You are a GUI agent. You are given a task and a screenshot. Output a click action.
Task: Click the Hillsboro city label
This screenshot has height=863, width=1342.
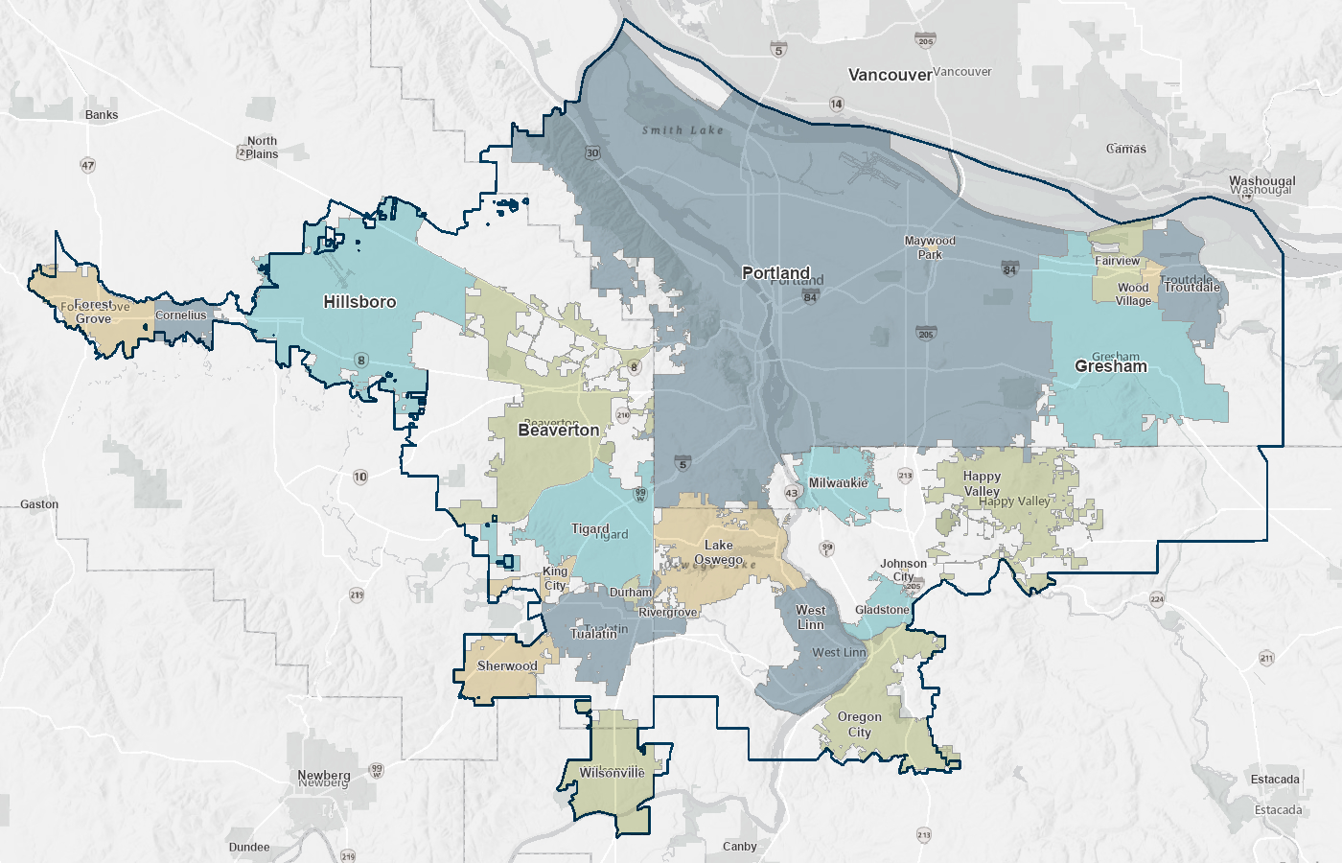(x=359, y=302)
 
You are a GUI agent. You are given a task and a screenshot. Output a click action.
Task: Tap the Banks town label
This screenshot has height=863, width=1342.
(x=102, y=115)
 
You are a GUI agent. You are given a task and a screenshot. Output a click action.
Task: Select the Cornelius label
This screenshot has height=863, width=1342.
(x=181, y=315)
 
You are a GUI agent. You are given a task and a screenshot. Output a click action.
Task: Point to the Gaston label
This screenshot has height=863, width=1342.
(x=39, y=504)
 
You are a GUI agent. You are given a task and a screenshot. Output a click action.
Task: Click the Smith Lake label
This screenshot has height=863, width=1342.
(x=683, y=130)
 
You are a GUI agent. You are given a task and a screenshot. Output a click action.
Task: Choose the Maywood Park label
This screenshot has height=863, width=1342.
(x=930, y=247)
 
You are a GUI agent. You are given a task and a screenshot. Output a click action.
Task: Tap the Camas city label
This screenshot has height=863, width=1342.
(x=1126, y=149)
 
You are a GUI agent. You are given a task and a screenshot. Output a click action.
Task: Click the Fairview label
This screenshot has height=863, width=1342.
(x=1118, y=261)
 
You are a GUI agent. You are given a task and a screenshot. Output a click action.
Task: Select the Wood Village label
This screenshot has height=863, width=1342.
(x=1133, y=294)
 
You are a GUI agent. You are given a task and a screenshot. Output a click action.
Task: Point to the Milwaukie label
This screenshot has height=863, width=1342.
(x=838, y=483)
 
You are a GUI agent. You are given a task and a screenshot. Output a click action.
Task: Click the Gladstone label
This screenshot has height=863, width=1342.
(x=882, y=610)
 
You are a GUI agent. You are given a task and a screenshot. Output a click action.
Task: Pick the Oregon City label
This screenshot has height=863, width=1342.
(x=860, y=724)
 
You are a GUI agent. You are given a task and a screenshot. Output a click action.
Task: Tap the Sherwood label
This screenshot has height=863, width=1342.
(x=507, y=666)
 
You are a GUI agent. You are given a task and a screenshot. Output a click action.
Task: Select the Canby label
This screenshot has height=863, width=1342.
(x=740, y=847)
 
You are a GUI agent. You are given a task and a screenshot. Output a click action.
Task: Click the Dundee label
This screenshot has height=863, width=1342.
(x=249, y=848)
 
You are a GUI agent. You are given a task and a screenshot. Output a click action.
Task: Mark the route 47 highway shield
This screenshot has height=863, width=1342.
(x=88, y=165)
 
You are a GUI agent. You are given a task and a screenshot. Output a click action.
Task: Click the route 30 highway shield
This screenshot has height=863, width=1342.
(x=592, y=153)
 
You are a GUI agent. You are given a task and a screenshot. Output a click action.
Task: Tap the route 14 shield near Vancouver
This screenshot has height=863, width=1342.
(x=837, y=104)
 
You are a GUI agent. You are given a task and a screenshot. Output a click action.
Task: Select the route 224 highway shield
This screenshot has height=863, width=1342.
(x=1157, y=599)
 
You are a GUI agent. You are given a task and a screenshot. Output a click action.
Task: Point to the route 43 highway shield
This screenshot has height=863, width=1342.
(x=791, y=493)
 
